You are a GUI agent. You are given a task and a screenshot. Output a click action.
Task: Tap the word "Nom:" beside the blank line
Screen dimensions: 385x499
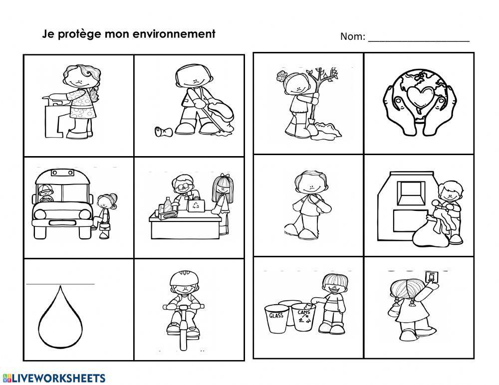point(353,36)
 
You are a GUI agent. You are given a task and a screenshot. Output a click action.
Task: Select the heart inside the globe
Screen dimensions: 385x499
point(419,95)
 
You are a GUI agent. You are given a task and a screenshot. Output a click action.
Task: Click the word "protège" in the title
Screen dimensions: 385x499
point(82,34)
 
